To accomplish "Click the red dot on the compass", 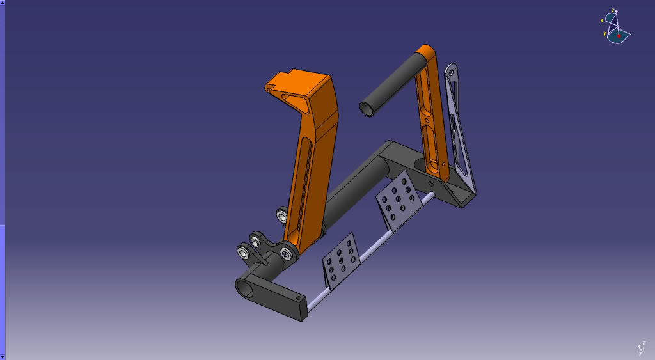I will click(x=619, y=36).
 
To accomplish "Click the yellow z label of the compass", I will click(x=613, y=10).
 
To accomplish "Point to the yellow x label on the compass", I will click(x=602, y=20).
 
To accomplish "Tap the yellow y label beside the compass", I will click(x=604, y=34).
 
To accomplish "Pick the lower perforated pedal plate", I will click(x=341, y=261).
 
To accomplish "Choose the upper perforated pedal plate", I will click(x=399, y=200).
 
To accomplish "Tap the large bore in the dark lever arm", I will click(x=245, y=290).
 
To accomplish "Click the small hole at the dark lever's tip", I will click(x=298, y=298).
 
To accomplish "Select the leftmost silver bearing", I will click(x=245, y=253).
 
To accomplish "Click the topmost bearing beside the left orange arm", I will click(x=282, y=215).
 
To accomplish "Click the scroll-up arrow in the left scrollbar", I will click(x=3, y=3).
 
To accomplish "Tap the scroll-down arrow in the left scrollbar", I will click(x=3, y=357).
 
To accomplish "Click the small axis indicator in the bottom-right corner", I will click(x=641, y=348).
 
